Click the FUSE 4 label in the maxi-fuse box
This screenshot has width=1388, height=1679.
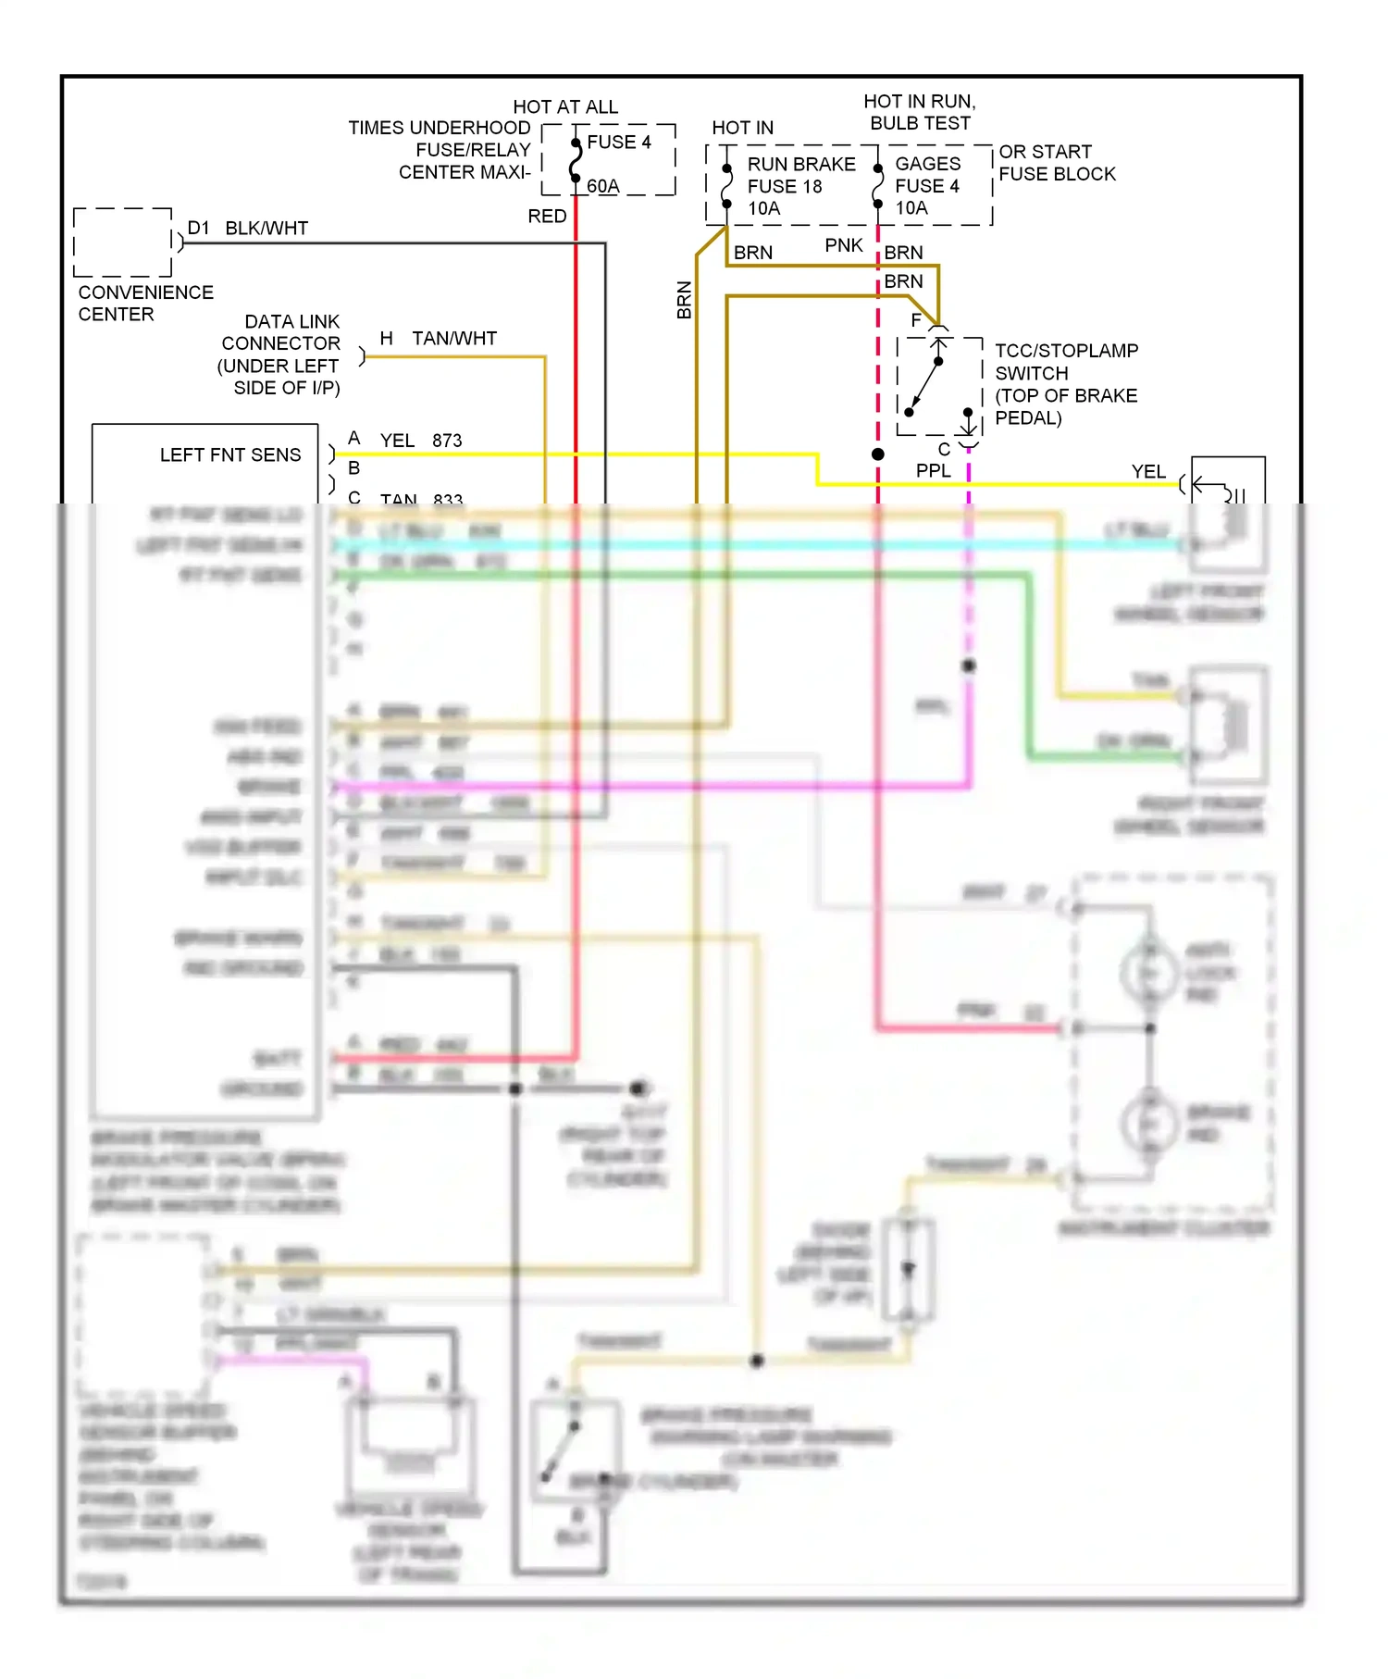618,143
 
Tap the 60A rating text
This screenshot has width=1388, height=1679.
602,186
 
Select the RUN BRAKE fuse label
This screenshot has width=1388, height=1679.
800,165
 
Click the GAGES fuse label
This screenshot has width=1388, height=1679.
927,164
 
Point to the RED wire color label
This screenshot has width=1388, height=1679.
547,217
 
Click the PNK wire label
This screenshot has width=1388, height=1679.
843,245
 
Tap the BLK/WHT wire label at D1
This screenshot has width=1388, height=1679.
266,229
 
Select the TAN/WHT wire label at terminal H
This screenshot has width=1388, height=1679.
453,339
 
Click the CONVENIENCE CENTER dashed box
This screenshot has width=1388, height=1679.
122,243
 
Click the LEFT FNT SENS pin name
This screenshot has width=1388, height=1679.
230,455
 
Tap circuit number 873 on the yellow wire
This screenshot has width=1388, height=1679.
447,441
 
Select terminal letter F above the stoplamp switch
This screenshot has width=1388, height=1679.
915,320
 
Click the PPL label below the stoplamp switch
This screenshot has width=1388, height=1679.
933,471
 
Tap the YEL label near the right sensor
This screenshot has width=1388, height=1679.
1147,472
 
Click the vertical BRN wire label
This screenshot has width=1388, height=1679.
684,301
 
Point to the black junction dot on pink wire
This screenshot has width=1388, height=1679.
877,454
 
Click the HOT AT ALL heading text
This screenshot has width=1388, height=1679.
565,107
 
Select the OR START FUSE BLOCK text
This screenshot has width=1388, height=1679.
1056,163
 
